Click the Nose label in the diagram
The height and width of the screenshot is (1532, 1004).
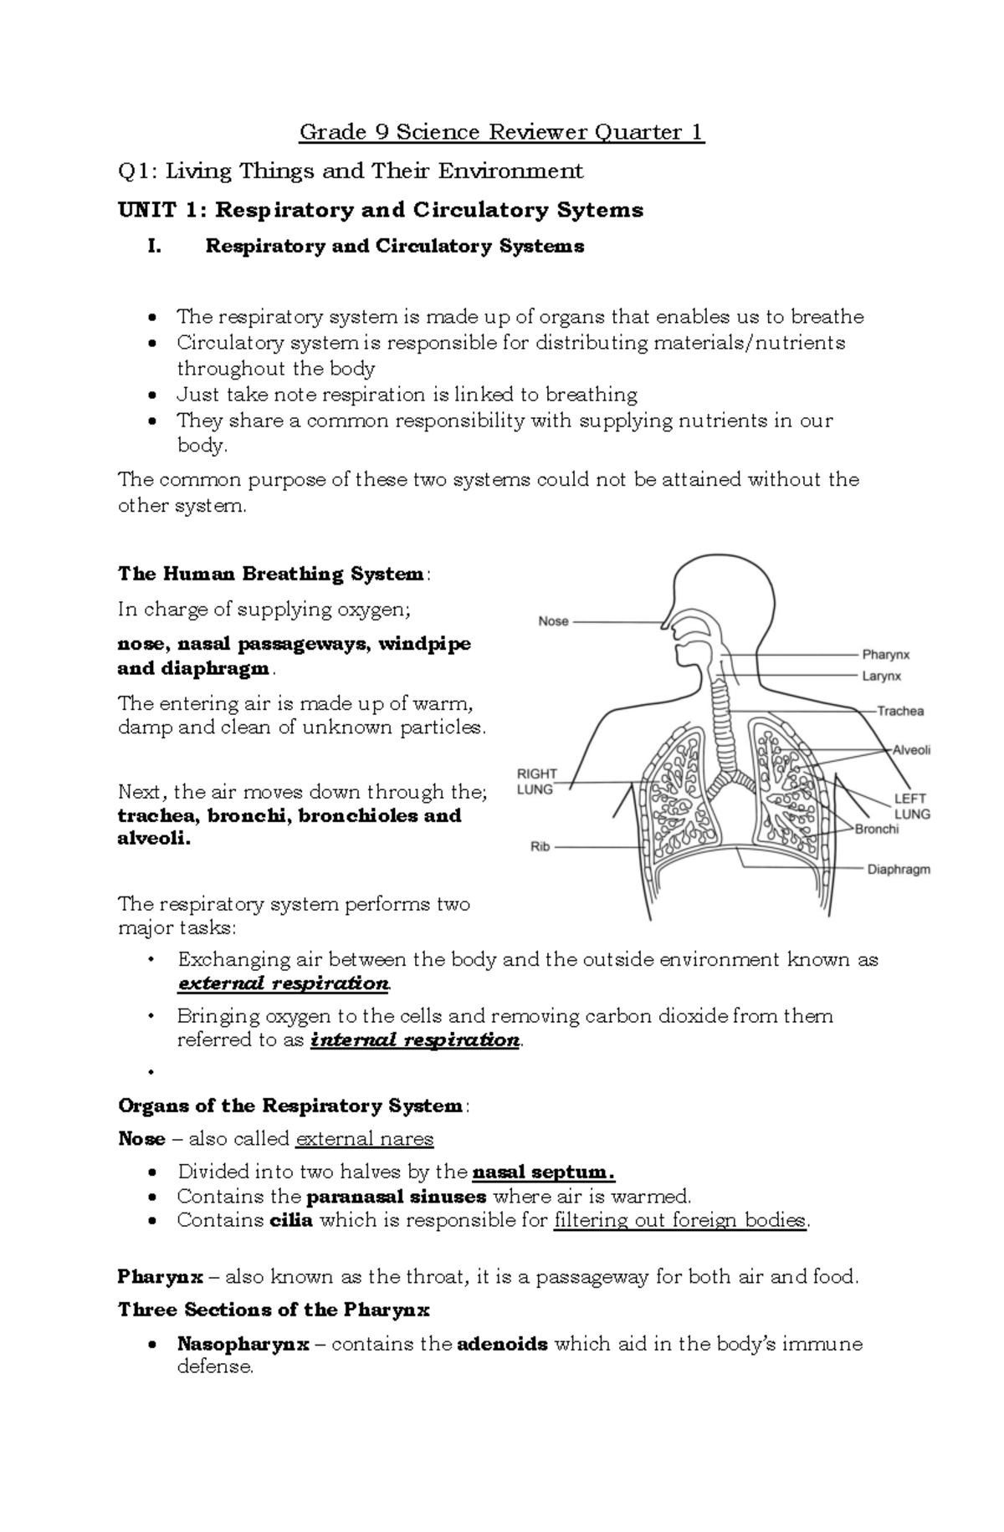553,621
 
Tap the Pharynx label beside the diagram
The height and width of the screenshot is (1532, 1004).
886,655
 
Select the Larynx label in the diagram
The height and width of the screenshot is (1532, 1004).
882,677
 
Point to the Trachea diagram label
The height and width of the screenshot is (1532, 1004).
900,711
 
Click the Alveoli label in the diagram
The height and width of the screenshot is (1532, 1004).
911,750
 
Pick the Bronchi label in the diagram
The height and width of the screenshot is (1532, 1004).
876,829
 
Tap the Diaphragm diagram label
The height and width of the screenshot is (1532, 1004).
899,869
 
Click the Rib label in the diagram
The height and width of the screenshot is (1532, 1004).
540,846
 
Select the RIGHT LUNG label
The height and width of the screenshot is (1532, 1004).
536,781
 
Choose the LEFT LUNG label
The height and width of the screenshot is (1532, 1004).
912,806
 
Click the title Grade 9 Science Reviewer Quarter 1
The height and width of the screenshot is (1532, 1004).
502,132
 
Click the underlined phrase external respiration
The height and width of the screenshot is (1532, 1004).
283,983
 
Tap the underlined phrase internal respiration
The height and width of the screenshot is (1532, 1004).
415,1040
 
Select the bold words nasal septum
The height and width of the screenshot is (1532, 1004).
543,1172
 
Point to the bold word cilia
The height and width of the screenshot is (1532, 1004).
291,1220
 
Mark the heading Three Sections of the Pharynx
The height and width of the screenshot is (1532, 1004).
274,1310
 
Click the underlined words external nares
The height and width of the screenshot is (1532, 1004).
365,1139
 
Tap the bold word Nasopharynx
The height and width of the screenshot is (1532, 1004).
243,1344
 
